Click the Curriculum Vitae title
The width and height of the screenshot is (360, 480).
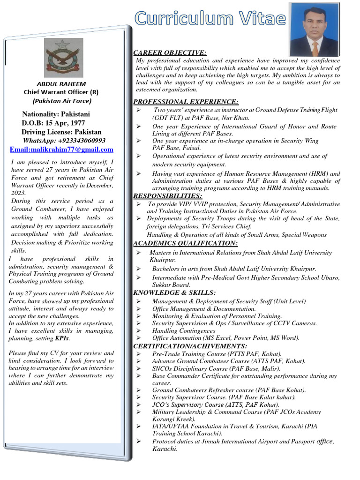tap(210, 18)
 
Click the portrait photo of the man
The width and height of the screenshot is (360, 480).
tap(314, 29)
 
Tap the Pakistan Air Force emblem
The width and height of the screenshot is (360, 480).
tap(64, 58)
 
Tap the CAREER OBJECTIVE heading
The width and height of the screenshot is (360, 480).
tap(170, 52)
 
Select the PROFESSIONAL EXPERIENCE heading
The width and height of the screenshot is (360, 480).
tap(186, 102)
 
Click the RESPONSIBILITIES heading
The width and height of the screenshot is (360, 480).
tap(168, 196)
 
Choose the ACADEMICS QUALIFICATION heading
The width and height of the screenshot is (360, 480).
tap(185, 243)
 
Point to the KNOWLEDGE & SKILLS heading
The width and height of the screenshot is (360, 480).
tap(174, 292)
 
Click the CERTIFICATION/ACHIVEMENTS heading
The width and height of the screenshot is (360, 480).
tap(187, 346)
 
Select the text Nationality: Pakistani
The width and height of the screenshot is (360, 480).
tap(56, 114)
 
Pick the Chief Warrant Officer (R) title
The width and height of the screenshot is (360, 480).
tap(61, 92)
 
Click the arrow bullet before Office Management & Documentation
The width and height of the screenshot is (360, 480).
tap(138, 309)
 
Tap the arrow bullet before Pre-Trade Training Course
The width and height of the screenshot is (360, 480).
tap(138, 354)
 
